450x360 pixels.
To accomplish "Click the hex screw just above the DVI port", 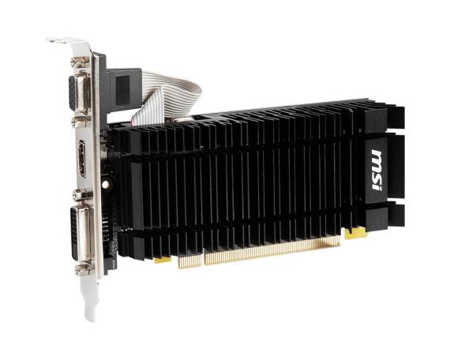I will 77,193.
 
